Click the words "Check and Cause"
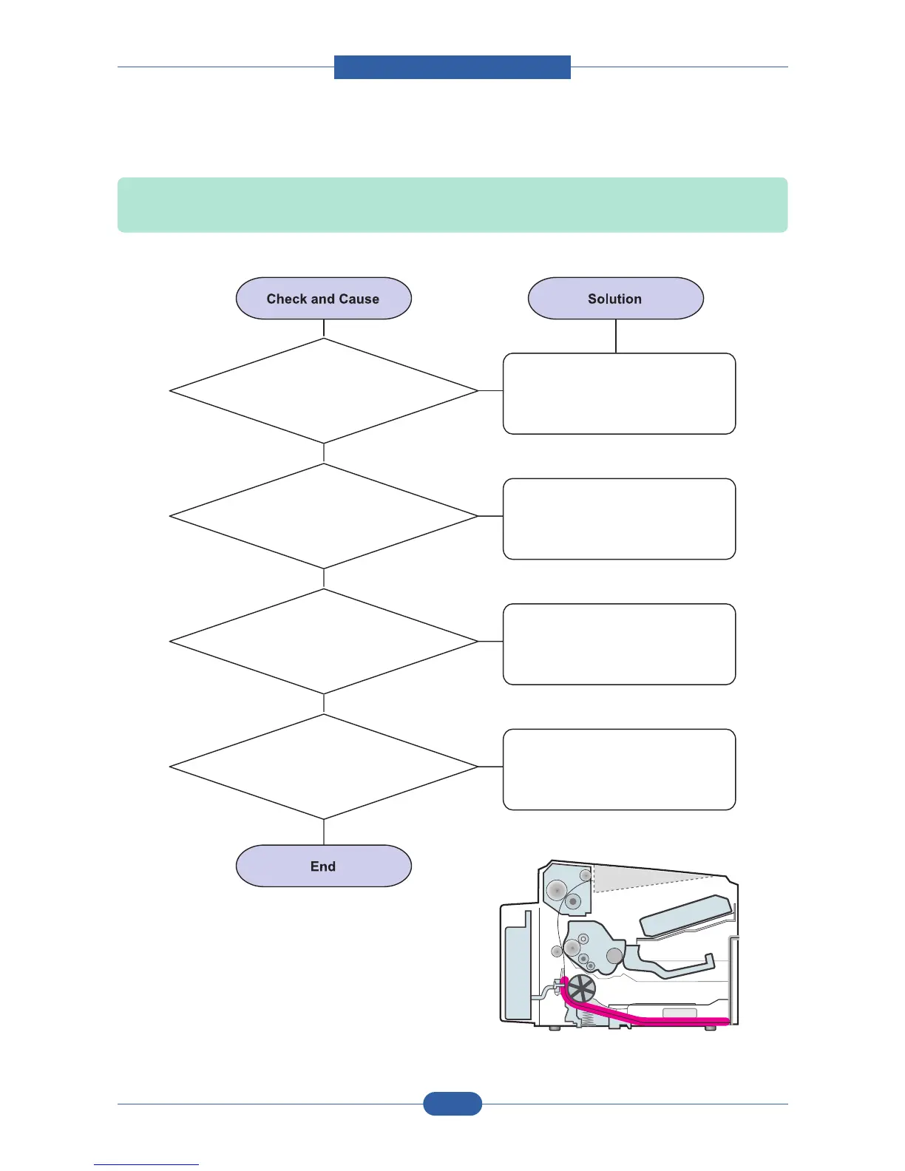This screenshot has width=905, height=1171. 323,299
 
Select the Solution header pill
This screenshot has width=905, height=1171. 615,299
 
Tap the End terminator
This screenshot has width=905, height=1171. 323,866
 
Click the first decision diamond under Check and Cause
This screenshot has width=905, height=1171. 323,391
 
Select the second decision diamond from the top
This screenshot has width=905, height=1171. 323,516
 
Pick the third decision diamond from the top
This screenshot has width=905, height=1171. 323,642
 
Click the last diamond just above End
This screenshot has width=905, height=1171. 323,767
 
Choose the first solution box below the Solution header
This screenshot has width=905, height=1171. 619,393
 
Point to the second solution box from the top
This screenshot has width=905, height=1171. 619,519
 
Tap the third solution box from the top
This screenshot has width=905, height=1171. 619,644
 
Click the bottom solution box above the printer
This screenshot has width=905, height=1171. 619,770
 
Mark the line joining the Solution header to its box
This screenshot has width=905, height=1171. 616,336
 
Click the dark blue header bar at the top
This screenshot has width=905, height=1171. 452,67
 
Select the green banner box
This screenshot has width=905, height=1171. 452,205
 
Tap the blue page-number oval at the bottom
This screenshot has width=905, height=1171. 452,1104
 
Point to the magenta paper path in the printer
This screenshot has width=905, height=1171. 651,1021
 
